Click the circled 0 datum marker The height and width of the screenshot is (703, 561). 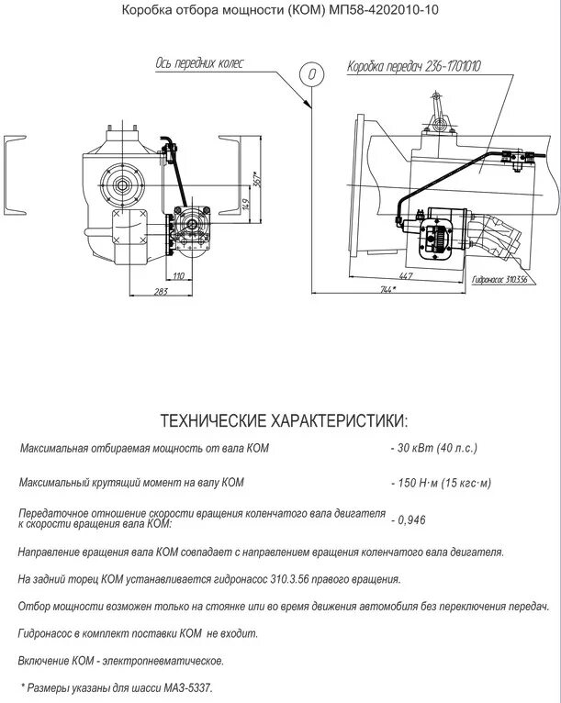(x=312, y=73)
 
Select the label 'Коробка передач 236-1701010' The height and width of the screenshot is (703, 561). (x=413, y=67)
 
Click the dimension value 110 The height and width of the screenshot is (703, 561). (x=178, y=275)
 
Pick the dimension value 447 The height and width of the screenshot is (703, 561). (x=404, y=274)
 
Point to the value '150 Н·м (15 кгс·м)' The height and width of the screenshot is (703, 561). (x=440, y=483)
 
